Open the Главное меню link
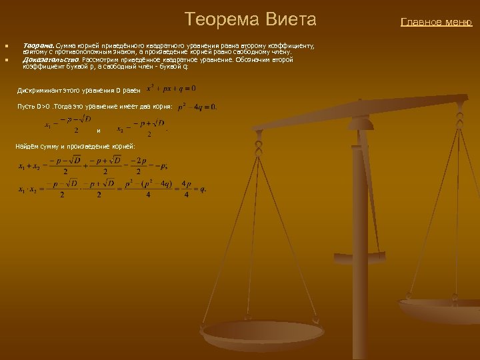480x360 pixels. coord(436,22)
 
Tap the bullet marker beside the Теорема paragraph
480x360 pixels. coord(5,46)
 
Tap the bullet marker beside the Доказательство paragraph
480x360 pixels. coord(5,60)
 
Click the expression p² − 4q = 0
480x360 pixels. coord(197,107)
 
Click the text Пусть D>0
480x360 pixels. coord(33,107)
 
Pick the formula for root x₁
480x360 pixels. coord(67,125)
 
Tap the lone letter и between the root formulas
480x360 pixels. coord(99,130)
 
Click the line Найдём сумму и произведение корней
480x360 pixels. coord(75,146)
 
